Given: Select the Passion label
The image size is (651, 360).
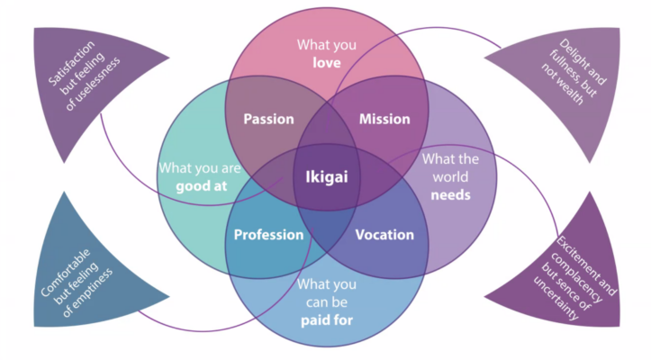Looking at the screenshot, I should [268, 119].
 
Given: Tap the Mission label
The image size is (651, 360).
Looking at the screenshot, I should [384, 119].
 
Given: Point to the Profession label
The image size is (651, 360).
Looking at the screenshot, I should [268, 235].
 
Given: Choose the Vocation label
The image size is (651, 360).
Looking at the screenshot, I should [384, 235].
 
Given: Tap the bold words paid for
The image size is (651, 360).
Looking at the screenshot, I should [325, 318].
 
